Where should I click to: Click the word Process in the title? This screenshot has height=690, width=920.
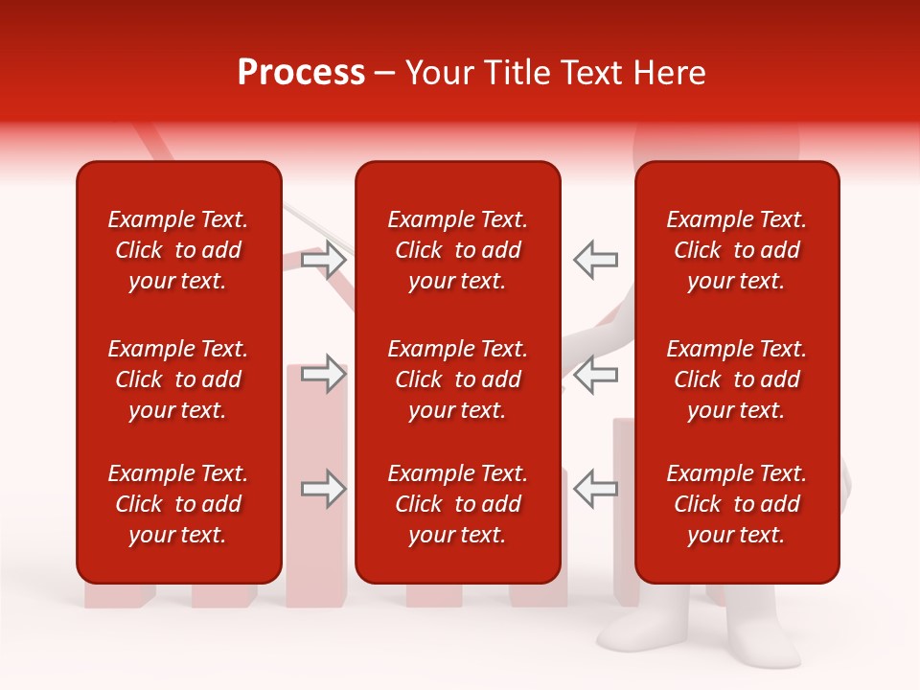pyautogui.click(x=301, y=73)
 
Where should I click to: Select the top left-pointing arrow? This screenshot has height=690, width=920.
pyautogui.click(x=595, y=260)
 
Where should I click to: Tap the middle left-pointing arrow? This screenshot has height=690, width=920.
pyautogui.click(x=595, y=374)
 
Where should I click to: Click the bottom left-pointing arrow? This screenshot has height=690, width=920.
pyautogui.click(x=595, y=489)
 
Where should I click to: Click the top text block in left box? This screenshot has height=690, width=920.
pyautogui.click(x=178, y=250)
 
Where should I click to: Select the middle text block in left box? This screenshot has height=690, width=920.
pyautogui.click(x=178, y=379)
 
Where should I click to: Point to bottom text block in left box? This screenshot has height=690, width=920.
pyautogui.click(x=178, y=504)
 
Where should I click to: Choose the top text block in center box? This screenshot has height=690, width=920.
pyautogui.click(x=457, y=250)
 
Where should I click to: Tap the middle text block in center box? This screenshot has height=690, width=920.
pyautogui.click(x=457, y=379)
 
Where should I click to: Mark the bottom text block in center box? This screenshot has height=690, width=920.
pyautogui.click(x=457, y=504)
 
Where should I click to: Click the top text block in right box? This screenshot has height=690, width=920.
pyautogui.click(x=737, y=250)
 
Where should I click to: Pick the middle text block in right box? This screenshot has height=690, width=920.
pyautogui.click(x=737, y=379)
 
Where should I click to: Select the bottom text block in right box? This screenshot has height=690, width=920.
pyautogui.click(x=737, y=504)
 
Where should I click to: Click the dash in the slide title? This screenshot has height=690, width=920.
pyautogui.click(x=385, y=74)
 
